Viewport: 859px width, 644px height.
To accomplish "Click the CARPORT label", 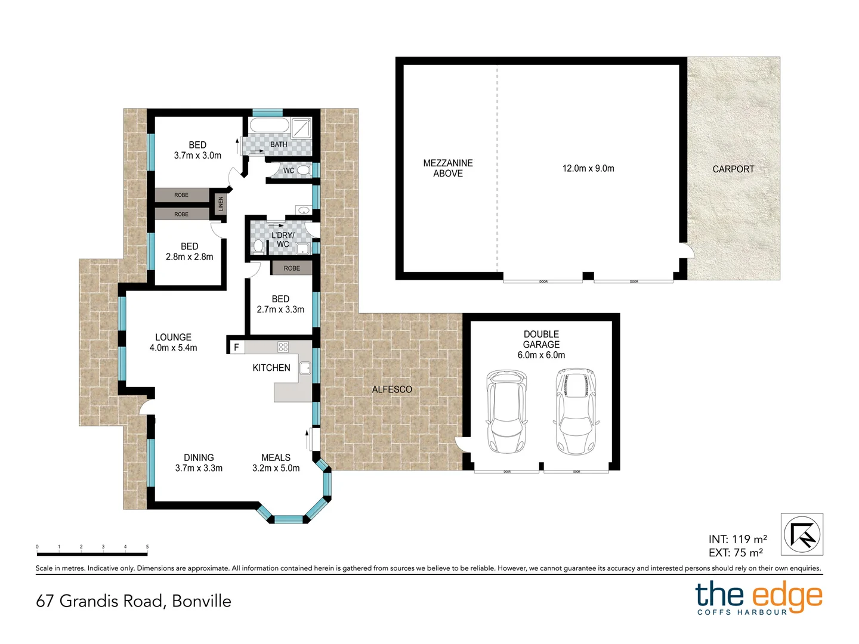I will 733,169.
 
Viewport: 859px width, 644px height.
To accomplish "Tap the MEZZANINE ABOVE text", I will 448,168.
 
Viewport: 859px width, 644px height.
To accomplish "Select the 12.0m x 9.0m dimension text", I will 588,169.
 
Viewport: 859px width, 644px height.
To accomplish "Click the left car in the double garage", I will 506,411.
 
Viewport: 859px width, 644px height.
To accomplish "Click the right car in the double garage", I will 576,411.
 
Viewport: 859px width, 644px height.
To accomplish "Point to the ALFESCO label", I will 392,389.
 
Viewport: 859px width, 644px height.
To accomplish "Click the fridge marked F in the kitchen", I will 236,347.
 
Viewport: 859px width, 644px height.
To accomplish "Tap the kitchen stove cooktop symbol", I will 283,347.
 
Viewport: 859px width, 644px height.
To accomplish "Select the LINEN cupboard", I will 220,204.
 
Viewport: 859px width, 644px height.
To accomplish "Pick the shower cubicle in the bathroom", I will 301,128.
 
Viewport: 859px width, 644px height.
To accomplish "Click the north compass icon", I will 802,534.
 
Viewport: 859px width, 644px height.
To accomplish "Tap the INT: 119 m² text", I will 737,539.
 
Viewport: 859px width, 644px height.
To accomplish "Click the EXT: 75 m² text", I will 736,553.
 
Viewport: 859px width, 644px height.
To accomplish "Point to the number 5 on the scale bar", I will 147,547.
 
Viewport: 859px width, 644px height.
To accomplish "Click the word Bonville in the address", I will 202,601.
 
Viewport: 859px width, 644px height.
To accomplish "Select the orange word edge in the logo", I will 787,596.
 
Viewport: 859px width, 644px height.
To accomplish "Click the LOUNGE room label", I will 173,337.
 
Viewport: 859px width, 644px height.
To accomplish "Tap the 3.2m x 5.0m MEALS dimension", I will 276,468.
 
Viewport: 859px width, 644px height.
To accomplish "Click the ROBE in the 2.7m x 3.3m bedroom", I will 292,268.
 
